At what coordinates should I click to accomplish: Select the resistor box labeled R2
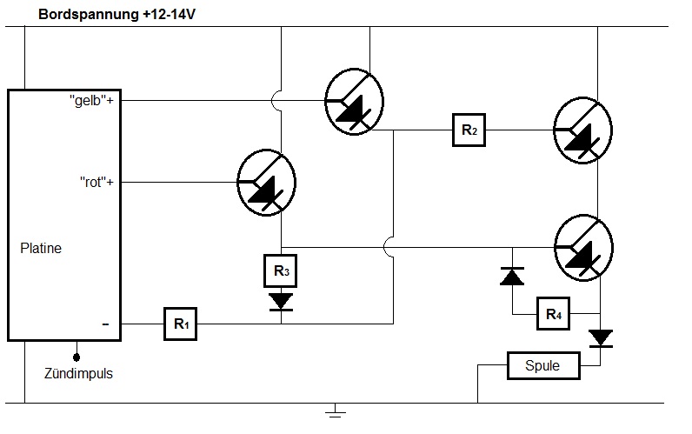pos(468,131)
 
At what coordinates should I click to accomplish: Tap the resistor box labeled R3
pos(281,271)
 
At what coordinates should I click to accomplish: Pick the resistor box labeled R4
pos(554,314)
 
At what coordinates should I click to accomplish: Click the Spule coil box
pos(543,366)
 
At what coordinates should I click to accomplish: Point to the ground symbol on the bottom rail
pos(336,411)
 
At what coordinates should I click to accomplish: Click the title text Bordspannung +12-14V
pos(114,14)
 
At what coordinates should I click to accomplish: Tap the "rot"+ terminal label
pos(96,183)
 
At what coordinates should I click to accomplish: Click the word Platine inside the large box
pos(41,249)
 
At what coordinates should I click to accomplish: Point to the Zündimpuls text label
pos(78,374)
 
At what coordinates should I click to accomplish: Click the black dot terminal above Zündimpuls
pos(78,356)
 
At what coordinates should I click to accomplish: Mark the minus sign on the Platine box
pos(105,324)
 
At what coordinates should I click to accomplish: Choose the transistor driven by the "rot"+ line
pos(268,183)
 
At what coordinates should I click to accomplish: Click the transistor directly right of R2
pos(584,130)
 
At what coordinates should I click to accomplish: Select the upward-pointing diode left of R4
pos(512,276)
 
